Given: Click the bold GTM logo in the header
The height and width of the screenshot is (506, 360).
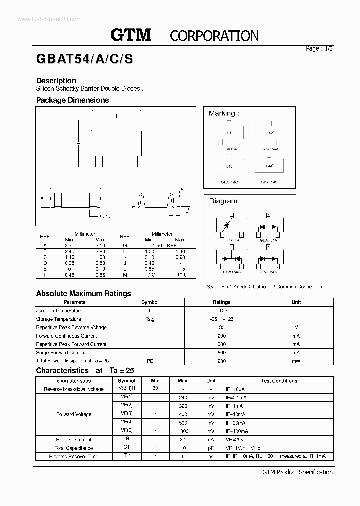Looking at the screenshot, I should (x=130, y=35).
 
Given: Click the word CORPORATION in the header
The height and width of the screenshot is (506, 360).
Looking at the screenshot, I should (x=214, y=36).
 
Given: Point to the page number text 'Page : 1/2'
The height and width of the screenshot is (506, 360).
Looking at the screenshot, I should (x=319, y=49).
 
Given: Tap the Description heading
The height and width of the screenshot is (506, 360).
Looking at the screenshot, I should (x=56, y=81).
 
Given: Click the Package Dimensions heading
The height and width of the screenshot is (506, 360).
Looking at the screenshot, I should (x=72, y=100).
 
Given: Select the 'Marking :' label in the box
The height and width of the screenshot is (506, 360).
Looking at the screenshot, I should (x=224, y=113).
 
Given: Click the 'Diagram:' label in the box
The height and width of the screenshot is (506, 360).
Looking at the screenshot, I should (x=224, y=201).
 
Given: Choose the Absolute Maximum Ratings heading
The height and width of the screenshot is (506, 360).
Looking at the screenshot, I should (x=83, y=294).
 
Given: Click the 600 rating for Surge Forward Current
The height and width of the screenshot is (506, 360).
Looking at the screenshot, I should (x=221, y=353).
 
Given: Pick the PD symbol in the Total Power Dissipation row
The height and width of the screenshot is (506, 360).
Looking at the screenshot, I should (x=150, y=361).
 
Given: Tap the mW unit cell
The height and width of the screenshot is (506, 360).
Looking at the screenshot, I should (x=296, y=361).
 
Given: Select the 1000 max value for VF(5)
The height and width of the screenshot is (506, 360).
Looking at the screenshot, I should (x=183, y=431).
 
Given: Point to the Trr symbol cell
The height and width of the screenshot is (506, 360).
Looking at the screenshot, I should (x=126, y=456).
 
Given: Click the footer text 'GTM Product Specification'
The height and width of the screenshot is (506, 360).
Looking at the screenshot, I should (x=297, y=472).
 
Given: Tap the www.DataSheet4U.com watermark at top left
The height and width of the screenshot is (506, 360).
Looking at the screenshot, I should (x=42, y=19).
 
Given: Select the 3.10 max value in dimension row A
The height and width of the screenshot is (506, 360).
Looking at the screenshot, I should (x=100, y=246).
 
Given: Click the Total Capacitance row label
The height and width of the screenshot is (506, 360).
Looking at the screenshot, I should (x=74, y=448).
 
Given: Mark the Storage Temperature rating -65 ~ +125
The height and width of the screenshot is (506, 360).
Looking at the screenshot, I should (x=221, y=319).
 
